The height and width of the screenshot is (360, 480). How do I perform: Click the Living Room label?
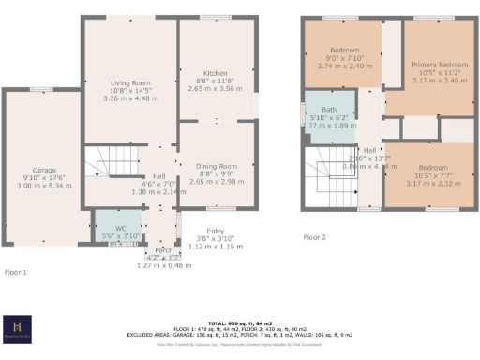(x=130, y=82)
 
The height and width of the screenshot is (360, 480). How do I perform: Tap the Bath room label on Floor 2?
(x=329, y=110)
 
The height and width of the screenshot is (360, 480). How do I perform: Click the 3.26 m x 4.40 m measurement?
(x=130, y=97)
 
